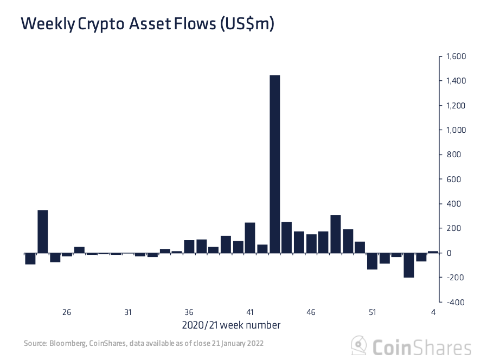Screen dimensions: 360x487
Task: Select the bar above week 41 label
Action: (x=250, y=237)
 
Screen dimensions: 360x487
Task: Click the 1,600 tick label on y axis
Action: (x=456, y=56)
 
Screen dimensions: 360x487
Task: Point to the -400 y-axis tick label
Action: (x=455, y=302)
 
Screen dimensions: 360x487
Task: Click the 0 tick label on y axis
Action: (x=448, y=253)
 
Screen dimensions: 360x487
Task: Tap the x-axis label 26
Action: (x=67, y=313)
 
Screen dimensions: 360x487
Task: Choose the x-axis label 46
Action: (x=311, y=313)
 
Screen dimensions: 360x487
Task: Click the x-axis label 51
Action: (x=373, y=313)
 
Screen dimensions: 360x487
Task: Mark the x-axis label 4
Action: (x=433, y=313)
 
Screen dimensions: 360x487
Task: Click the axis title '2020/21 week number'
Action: (x=230, y=325)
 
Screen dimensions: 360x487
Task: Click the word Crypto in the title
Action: (x=101, y=24)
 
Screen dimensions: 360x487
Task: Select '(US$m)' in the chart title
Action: (x=247, y=24)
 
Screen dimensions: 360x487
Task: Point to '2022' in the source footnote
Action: (x=255, y=344)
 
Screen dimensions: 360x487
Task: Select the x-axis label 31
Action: (x=128, y=313)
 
